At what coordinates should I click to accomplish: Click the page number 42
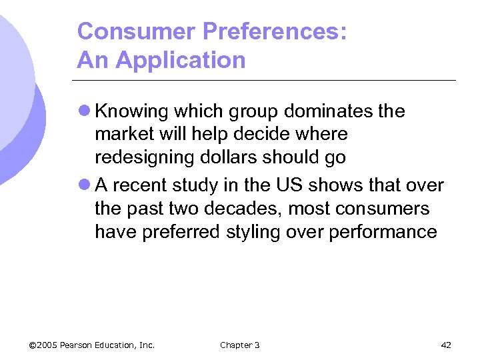446,345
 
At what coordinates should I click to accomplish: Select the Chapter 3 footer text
239,345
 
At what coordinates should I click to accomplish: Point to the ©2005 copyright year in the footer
44,345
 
